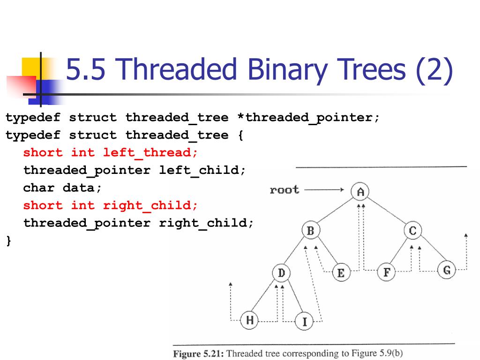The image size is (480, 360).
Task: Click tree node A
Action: point(360,191)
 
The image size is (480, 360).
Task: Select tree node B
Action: point(310,230)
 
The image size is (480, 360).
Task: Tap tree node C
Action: point(412,230)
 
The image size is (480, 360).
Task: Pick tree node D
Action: point(281,273)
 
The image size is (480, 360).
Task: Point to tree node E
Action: point(340,273)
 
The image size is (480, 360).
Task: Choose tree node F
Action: point(386,272)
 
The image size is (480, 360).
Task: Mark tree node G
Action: point(446,270)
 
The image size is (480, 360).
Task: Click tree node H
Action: point(250,320)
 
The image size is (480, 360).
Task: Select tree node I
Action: point(304,322)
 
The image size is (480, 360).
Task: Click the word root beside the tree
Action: point(284,190)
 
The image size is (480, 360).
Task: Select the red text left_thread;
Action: point(150,152)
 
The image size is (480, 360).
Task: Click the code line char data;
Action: point(62,188)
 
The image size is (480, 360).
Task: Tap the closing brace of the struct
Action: point(8,240)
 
